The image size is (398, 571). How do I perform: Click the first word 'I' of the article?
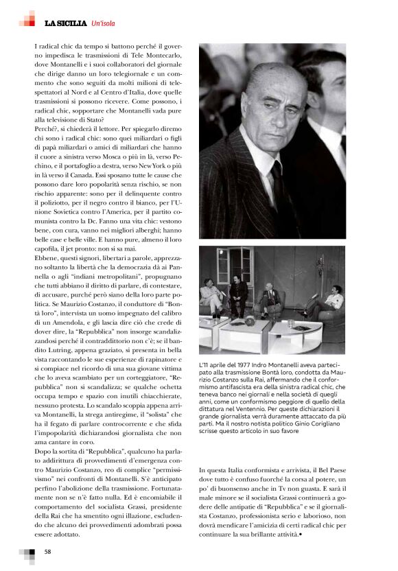(x=35, y=46)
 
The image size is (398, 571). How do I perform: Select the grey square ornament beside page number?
(x=27, y=555)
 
